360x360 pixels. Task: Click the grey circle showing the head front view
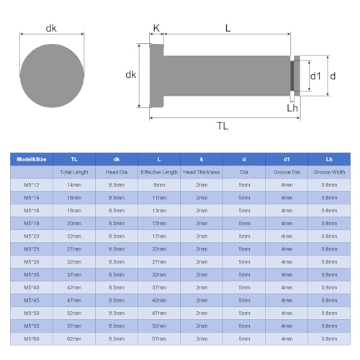click(x=52, y=75)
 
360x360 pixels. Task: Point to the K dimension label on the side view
click(x=156, y=28)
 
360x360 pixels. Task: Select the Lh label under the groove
click(x=292, y=108)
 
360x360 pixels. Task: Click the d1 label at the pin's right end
click(x=315, y=75)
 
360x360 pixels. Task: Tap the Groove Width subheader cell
click(x=329, y=173)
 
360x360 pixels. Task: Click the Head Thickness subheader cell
click(x=202, y=173)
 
